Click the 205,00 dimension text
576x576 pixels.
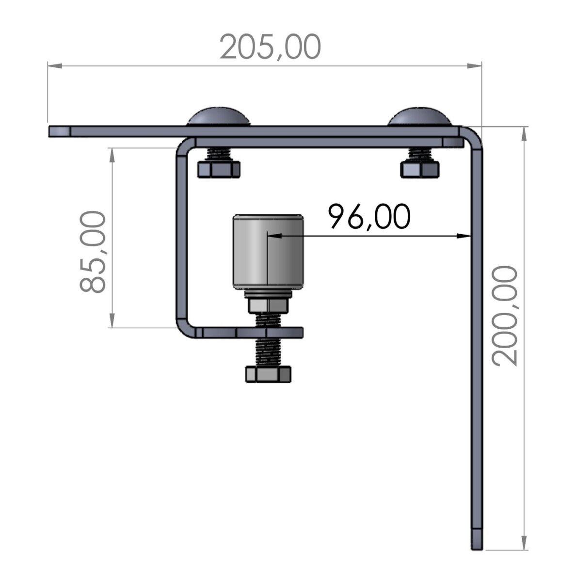(x=271, y=47)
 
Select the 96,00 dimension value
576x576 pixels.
(x=369, y=217)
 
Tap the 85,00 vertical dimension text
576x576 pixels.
(x=93, y=252)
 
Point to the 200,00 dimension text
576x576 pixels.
(x=505, y=316)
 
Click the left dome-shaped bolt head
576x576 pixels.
(x=219, y=117)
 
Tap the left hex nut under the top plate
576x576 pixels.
(x=219, y=169)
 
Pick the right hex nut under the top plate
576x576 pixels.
(x=420, y=169)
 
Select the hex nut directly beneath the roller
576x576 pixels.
(x=268, y=305)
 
